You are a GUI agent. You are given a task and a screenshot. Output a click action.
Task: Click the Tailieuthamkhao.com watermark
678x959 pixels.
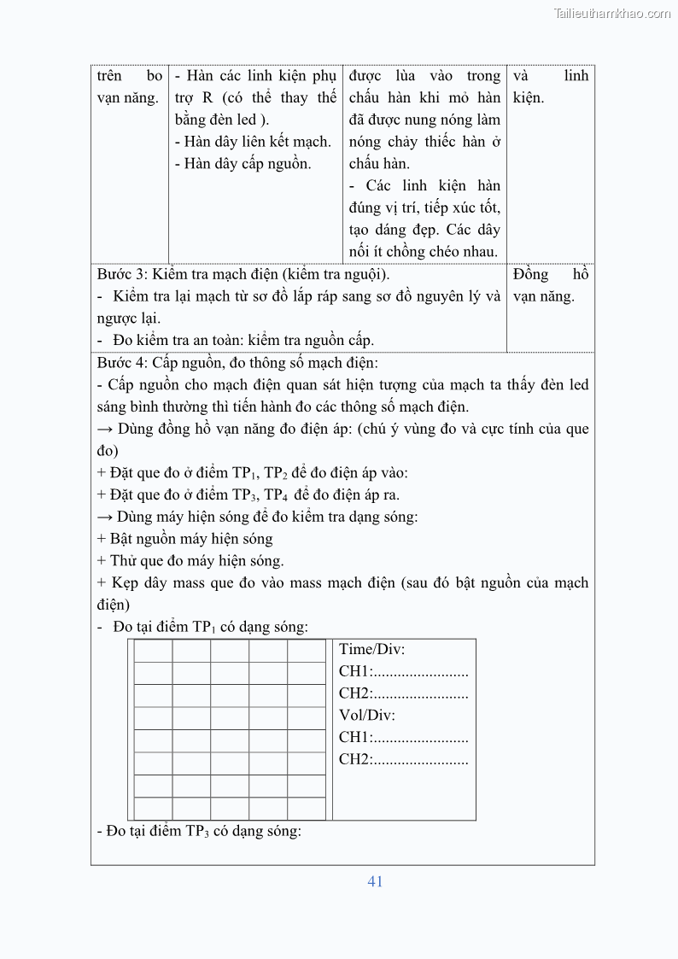(x=611, y=13)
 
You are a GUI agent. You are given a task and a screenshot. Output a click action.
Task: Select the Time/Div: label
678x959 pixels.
(x=371, y=649)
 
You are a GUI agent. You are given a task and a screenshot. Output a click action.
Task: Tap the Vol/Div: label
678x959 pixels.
(x=367, y=716)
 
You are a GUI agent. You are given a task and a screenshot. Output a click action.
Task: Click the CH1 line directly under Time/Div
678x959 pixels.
(x=403, y=671)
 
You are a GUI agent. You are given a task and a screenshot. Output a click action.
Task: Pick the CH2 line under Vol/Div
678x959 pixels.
(x=403, y=759)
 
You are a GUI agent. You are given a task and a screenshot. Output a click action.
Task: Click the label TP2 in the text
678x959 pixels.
(x=275, y=473)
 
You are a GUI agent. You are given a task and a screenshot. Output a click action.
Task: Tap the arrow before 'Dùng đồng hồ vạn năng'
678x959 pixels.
(x=105, y=429)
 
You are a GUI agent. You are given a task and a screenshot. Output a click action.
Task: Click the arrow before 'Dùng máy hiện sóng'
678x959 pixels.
(x=105, y=517)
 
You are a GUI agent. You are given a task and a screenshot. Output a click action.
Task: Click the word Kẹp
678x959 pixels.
(x=125, y=582)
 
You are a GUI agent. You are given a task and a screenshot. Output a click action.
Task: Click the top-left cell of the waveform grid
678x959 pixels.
(x=154, y=651)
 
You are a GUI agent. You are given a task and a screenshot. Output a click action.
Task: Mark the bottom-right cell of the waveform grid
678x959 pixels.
(x=306, y=809)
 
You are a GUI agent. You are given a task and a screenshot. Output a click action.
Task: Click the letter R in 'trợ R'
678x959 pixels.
(x=207, y=97)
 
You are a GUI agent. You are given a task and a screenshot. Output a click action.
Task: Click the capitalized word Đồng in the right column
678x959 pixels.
(x=530, y=274)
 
